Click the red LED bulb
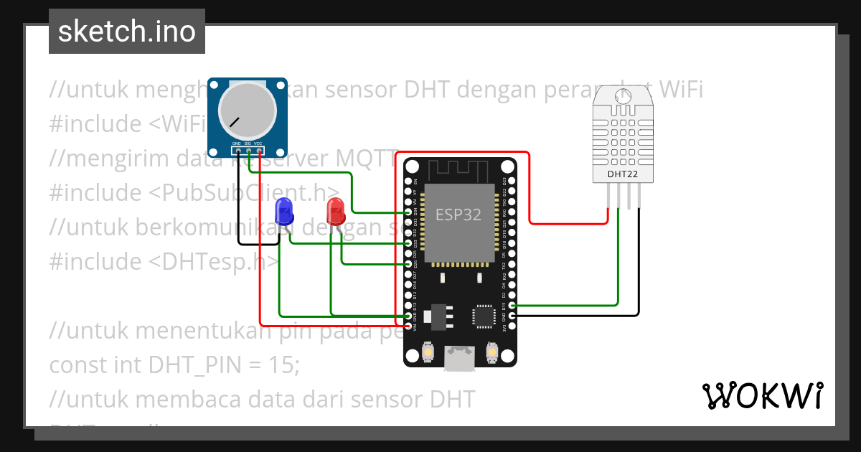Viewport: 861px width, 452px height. pos(335,211)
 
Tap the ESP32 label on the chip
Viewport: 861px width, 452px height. pos(458,215)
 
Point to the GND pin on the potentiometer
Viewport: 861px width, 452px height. pos(237,151)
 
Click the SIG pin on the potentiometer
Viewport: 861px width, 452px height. pos(248,151)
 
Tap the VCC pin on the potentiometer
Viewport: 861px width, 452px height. pos(258,151)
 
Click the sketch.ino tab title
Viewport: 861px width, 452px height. pos(127,32)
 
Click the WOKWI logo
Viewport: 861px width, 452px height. pos(762,395)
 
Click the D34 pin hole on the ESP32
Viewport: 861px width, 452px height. pos(408,212)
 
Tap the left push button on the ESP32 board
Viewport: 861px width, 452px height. pos(428,352)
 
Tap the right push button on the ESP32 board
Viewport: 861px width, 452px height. pos(492,352)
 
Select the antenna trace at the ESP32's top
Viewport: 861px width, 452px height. pos(459,170)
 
